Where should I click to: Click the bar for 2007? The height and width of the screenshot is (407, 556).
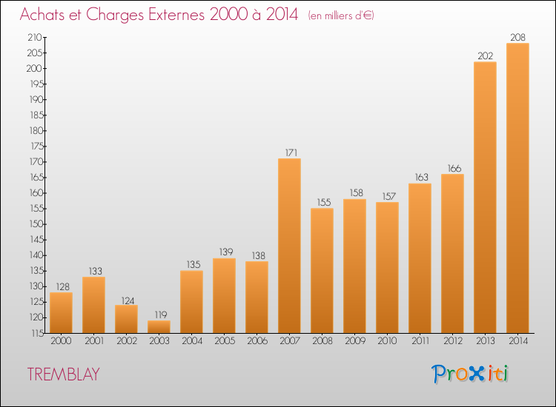[x=289, y=246]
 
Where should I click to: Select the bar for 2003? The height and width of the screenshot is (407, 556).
[x=159, y=326]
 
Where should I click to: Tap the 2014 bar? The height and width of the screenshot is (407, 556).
[x=517, y=188]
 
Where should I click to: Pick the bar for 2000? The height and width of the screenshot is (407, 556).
[x=61, y=312]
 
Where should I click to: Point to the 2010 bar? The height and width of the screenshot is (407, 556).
[x=387, y=268]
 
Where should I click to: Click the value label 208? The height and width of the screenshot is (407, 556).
[x=517, y=37]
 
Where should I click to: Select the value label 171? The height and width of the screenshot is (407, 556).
[x=291, y=152]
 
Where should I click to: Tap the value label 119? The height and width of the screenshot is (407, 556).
[x=161, y=314]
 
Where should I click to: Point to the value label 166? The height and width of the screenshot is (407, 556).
[x=454, y=168]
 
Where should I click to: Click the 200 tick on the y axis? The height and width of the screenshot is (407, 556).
[x=34, y=68]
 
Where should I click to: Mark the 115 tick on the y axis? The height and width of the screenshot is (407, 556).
[x=37, y=333]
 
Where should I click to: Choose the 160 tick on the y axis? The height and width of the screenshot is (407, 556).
[x=36, y=193]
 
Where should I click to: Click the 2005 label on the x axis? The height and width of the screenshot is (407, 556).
[x=225, y=340]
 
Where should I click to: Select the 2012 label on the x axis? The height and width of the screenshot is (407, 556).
[x=453, y=340]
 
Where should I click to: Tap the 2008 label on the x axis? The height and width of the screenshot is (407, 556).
[x=322, y=340]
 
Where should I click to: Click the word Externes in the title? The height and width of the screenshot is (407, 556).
[x=176, y=14]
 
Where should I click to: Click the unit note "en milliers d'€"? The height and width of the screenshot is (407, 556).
[x=341, y=16]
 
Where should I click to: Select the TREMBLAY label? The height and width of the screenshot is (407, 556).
[x=64, y=374]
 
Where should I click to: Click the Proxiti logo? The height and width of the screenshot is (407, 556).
[x=469, y=374]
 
